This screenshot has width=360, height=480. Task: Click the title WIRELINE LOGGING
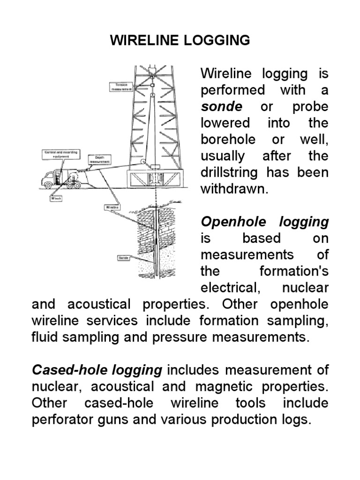[180, 41]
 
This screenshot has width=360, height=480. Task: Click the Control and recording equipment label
[61, 155]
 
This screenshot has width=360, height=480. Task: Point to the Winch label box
[56, 198]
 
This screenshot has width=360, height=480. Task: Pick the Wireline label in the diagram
[111, 207]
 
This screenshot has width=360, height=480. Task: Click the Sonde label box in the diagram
[123, 258]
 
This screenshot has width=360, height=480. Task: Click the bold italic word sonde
[221, 106]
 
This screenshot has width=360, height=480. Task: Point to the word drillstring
[229, 172]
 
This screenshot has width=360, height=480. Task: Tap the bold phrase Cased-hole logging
[97, 370]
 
